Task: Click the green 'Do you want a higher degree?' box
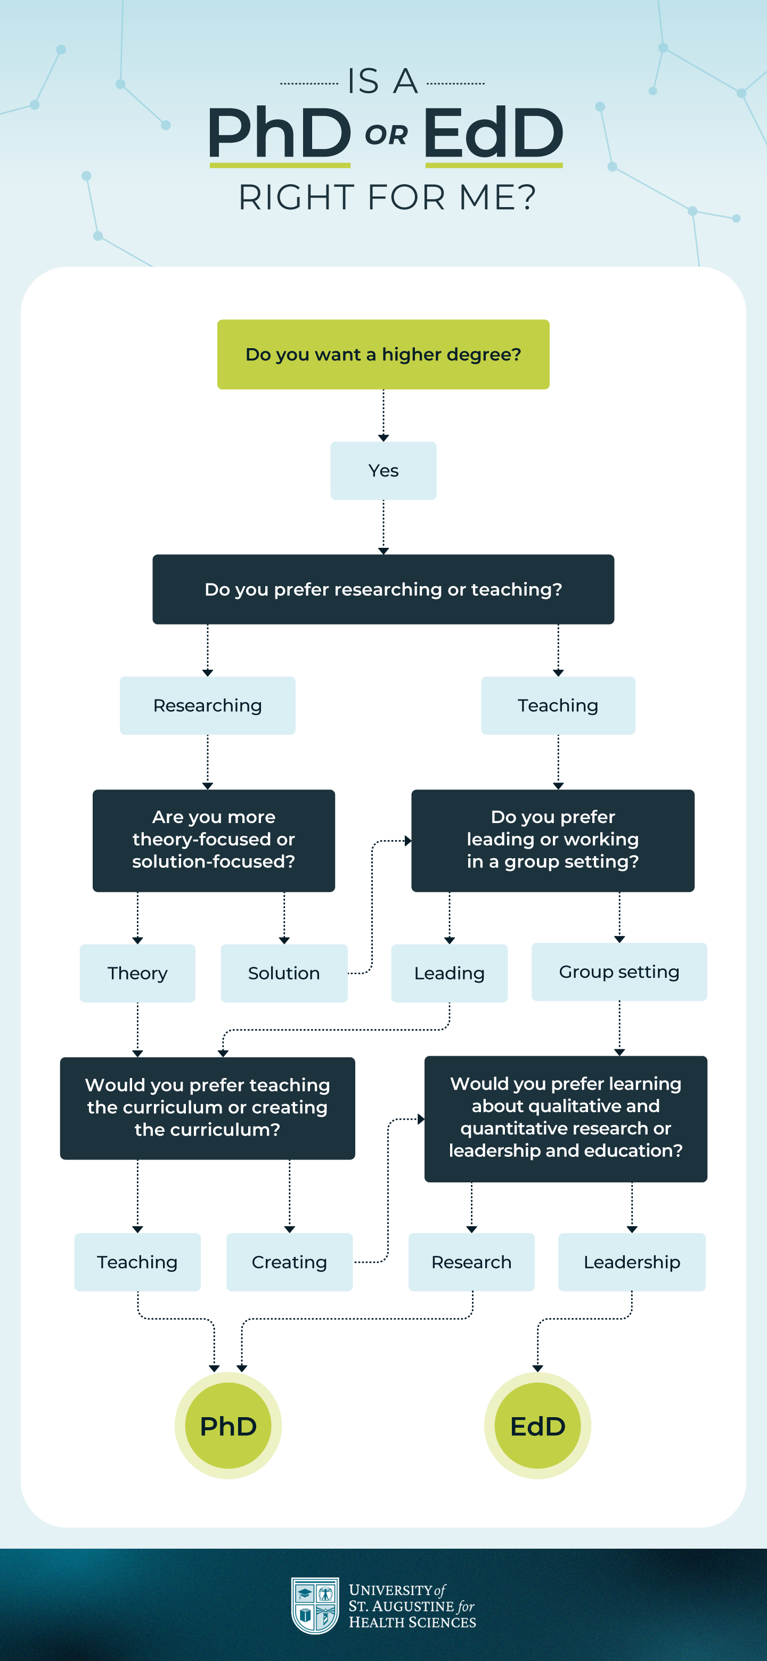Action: point(383,354)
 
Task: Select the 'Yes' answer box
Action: point(383,471)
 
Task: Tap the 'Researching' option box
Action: point(207,705)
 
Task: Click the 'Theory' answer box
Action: point(137,973)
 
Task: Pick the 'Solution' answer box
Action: point(284,973)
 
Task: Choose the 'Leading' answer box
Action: point(449,973)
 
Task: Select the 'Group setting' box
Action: point(618,972)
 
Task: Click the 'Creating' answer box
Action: point(289,1262)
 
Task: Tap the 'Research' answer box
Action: point(471,1262)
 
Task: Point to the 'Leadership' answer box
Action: point(632,1262)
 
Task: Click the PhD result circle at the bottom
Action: point(228,1426)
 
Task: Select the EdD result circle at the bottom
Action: point(537,1426)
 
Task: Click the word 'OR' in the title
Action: point(386,135)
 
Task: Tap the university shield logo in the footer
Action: point(315,1606)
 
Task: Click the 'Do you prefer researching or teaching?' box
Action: point(383,589)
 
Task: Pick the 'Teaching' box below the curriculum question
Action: point(137,1262)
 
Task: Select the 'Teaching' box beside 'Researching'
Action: point(558,705)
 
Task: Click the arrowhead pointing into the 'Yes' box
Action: point(383,438)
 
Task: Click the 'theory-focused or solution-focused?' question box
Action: point(214,840)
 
